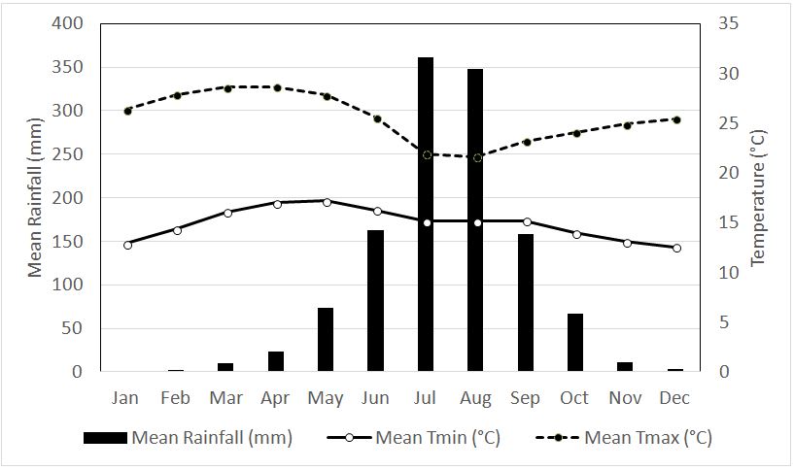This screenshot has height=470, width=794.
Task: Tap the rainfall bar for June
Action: coord(375,301)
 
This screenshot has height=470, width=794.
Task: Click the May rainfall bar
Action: coord(326,340)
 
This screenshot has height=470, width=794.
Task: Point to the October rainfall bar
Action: coord(575,343)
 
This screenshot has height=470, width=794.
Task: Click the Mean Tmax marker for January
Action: coord(127,111)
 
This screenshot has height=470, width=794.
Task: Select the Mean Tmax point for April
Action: coord(277,87)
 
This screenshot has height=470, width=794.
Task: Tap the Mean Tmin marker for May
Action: coord(327,202)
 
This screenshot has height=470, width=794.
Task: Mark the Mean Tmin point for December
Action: coord(676,248)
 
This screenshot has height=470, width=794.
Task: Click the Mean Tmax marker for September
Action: coord(527,142)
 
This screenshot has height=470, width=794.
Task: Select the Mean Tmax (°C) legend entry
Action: coord(623,438)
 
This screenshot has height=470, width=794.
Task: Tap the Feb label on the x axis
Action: coord(176,397)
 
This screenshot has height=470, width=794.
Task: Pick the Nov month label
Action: coord(627,397)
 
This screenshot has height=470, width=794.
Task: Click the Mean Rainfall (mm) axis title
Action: coord(36,198)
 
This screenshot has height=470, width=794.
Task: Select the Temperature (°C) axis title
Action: coord(760,198)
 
